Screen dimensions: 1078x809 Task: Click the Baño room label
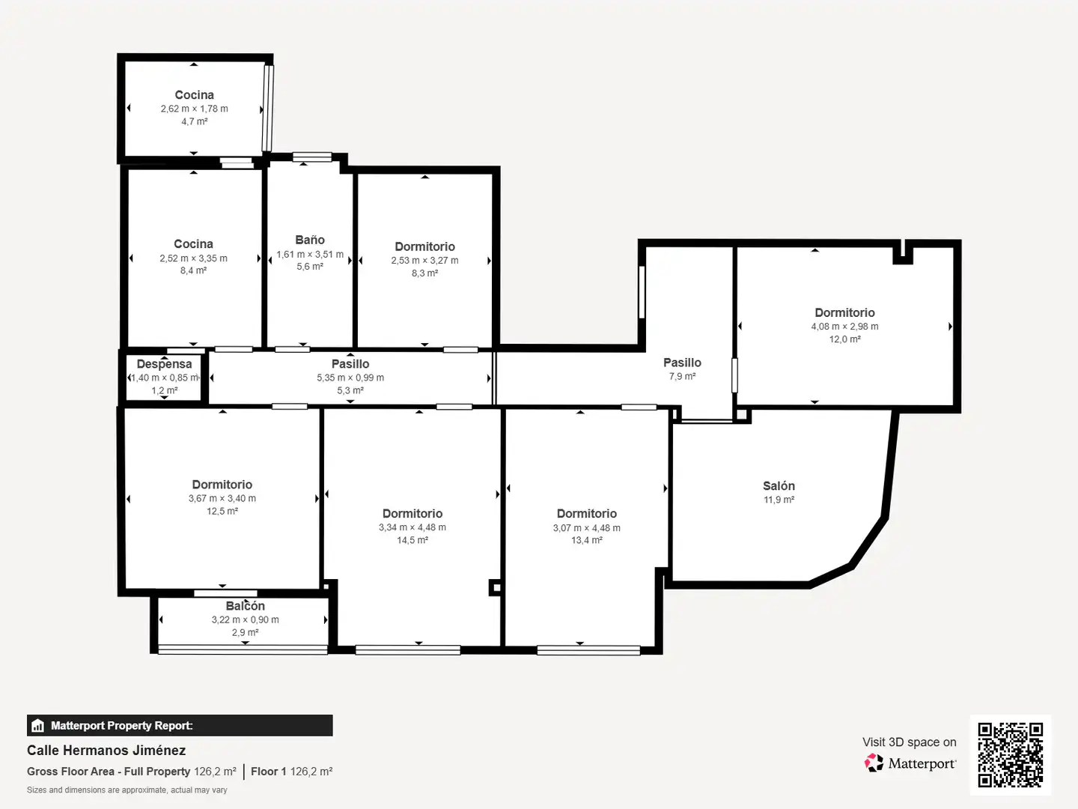310,240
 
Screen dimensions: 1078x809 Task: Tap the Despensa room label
164,364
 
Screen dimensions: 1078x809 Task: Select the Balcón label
245,606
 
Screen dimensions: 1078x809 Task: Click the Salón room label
779,486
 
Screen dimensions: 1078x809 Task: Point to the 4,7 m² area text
195,121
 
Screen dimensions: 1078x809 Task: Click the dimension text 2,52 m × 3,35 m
193,258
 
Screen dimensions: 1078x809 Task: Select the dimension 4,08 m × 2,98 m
844,326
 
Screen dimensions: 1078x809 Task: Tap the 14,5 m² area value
412,540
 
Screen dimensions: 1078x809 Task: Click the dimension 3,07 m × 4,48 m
587,528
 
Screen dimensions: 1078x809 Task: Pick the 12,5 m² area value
222,512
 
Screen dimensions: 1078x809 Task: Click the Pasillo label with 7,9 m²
682,363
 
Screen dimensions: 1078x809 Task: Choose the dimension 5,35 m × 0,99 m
350,378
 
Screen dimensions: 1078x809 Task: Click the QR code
1011,754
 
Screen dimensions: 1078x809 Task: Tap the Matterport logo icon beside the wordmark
874,763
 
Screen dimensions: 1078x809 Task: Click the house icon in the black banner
38,726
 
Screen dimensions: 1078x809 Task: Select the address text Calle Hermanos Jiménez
106,751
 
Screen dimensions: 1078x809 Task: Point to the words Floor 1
268,772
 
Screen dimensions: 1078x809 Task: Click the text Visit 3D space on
909,742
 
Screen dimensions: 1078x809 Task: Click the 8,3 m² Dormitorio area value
424,273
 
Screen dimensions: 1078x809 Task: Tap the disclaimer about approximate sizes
127,790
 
